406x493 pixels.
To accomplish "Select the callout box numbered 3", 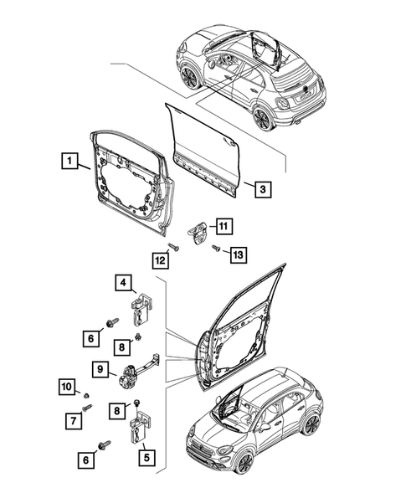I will point(262,189).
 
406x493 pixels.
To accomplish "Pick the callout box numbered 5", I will point(146,459).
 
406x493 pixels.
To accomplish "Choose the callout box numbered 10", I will point(66,386).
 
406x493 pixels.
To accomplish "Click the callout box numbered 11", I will point(224,225).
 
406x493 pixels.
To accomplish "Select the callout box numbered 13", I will point(237,254).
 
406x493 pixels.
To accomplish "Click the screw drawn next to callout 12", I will point(172,247).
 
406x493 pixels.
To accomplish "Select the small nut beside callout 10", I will point(87,393).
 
